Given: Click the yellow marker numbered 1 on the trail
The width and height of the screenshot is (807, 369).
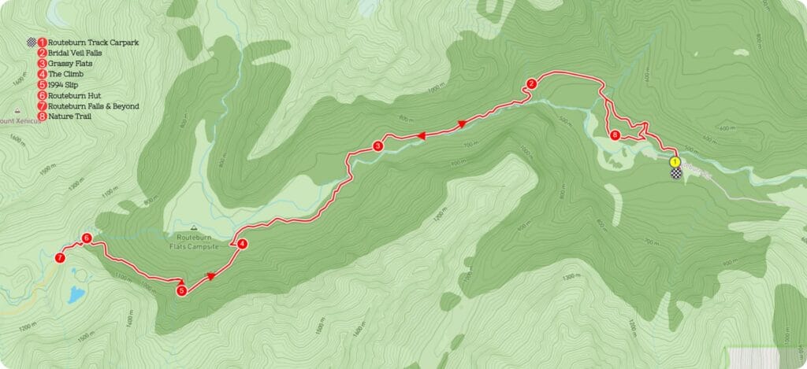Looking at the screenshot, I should [675, 161].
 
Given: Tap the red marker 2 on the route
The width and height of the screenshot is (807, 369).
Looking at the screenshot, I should [532, 84].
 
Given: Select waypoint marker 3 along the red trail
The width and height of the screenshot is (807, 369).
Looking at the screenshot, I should [378, 146].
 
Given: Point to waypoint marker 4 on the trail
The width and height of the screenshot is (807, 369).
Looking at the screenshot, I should [243, 244].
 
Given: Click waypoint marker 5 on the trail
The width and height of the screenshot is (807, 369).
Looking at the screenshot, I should [182, 290].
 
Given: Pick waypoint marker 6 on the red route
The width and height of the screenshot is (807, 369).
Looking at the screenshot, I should [87, 238].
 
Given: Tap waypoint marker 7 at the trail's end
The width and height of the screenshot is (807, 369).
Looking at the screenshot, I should [60, 257].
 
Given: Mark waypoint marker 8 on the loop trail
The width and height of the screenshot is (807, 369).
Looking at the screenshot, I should [615, 135].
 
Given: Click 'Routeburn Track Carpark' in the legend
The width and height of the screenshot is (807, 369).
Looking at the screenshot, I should [93, 42].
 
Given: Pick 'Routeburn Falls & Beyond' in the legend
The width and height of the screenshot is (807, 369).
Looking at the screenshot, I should [93, 105].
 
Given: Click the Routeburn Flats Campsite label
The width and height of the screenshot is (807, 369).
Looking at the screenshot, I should [193, 242].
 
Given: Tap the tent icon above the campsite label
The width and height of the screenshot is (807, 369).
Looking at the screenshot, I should [193, 227].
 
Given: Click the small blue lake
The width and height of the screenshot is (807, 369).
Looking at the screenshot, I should [76, 295].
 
